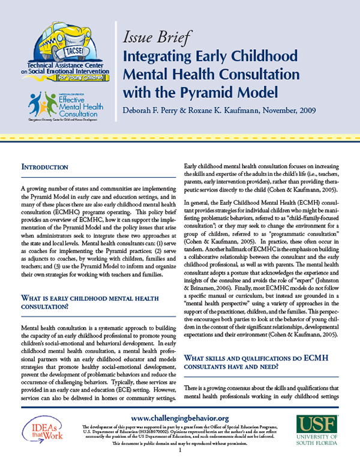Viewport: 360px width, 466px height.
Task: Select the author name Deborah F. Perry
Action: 159,110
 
